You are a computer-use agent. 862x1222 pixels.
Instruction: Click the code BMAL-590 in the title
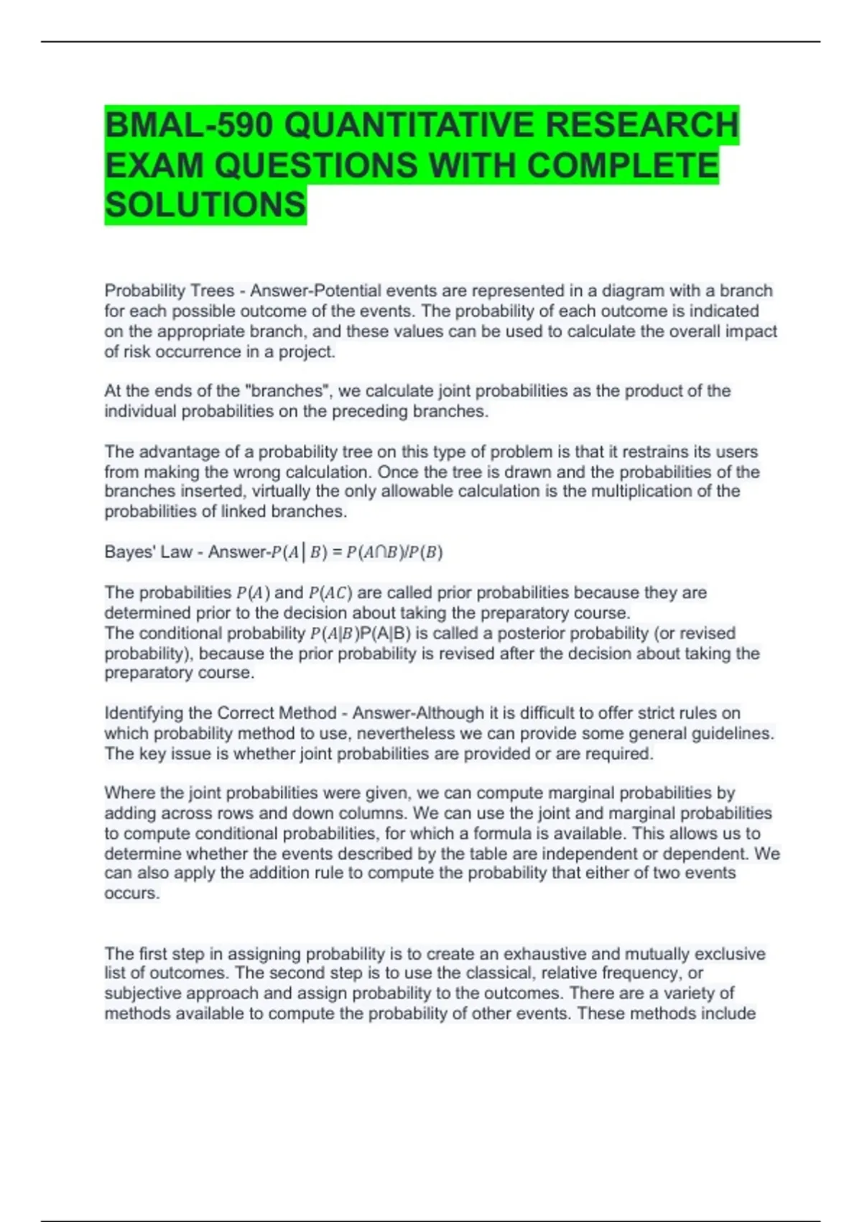coord(189,126)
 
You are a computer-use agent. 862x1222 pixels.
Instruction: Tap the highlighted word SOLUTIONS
coord(205,205)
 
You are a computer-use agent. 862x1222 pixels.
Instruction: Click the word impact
coord(751,331)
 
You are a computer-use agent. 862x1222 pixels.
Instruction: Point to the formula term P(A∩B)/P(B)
coord(394,552)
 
